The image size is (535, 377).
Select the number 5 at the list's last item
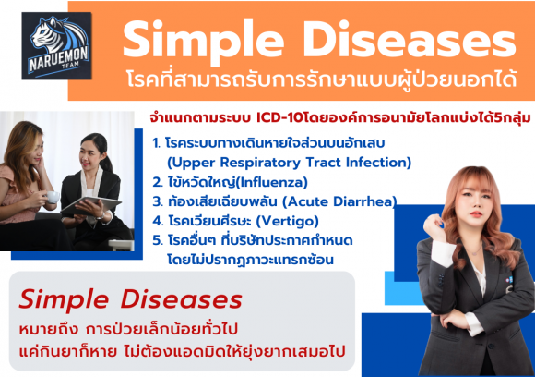156,240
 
